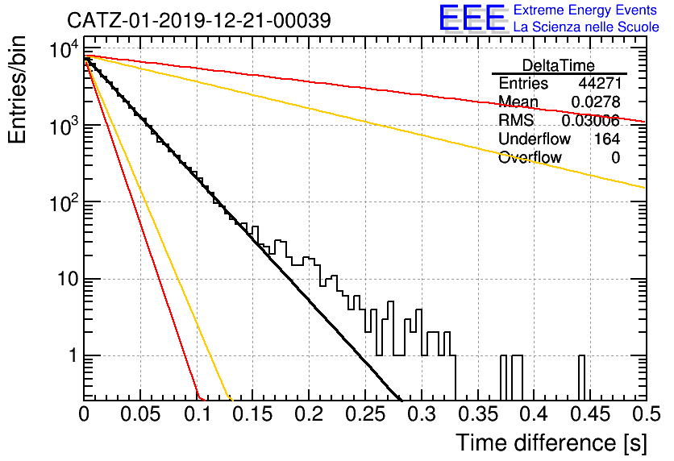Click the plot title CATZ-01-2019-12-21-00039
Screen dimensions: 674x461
point(199,20)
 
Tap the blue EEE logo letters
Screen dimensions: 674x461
point(472,18)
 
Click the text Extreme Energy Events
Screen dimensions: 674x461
point(585,10)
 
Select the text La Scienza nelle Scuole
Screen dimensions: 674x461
point(586,27)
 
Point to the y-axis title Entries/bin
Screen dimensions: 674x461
point(17,90)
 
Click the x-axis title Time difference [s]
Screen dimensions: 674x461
point(551,442)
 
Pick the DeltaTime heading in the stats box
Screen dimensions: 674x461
point(559,65)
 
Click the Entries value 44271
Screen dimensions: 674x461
point(600,83)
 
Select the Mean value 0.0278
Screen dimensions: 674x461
point(596,102)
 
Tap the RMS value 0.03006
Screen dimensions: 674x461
point(591,121)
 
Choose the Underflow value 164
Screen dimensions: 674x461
point(607,139)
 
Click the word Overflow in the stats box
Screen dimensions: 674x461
point(530,158)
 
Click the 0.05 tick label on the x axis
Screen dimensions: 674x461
point(140,414)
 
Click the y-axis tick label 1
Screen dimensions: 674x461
point(73,355)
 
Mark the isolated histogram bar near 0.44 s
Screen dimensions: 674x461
point(581,378)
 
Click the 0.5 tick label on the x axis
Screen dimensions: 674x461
point(646,414)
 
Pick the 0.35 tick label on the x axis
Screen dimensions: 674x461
point(478,414)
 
